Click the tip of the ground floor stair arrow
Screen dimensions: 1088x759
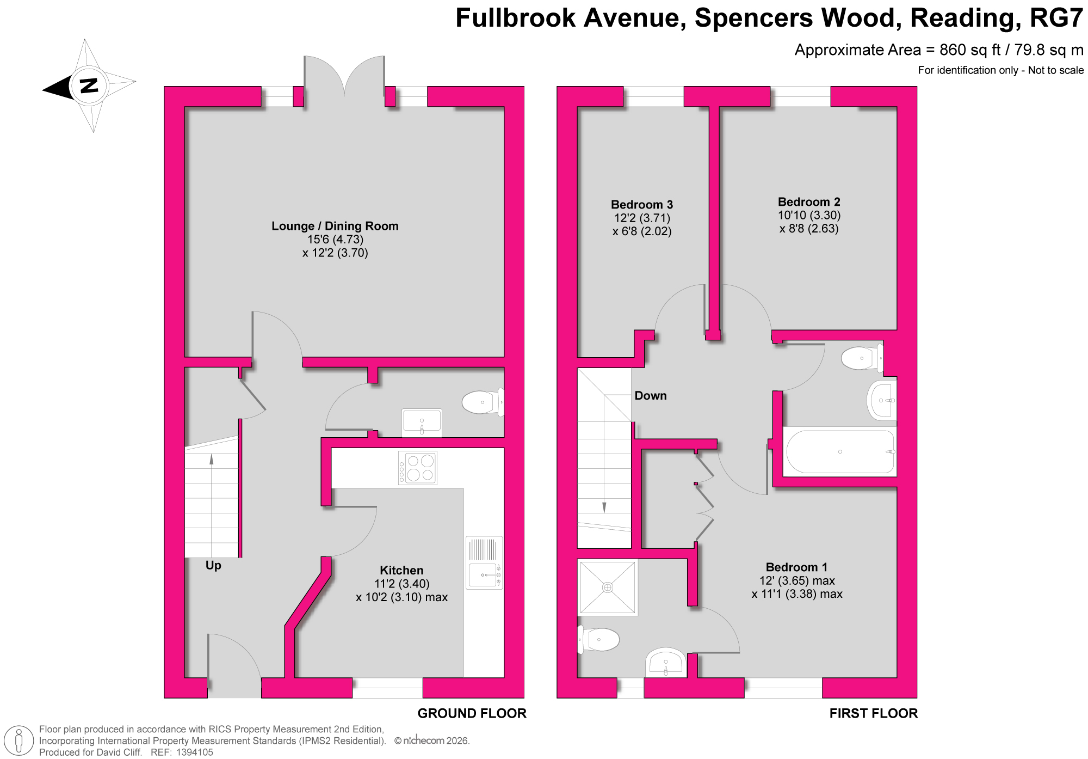pyautogui.click(x=212, y=454)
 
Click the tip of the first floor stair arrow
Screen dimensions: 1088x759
pyautogui.click(x=604, y=513)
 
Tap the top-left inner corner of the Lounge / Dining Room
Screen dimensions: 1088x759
pyautogui.click(x=186, y=107)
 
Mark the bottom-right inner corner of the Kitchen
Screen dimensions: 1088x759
pyautogui.click(x=504, y=677)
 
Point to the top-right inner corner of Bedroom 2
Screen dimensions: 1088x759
pyautogui.click(x=897, y=107)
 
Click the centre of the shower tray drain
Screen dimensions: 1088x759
pyautogui.click(x=608, y=587)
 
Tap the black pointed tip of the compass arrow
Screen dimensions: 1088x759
pyautogui.click(x=43, y=89)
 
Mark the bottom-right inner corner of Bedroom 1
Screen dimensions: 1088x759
pyautogui.click(x=897, y=677)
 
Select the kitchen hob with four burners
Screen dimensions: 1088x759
pyautogui.click(x=417, y=468)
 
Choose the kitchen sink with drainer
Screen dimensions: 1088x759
pyautogui.click(x=484, y=562)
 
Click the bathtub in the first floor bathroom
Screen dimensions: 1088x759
pyautogui.click(x=840, y=452)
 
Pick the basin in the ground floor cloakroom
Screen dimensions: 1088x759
pyautogui.click(x=422, y=423)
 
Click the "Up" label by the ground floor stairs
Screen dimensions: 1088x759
pyautogui.click(x=213, y=566)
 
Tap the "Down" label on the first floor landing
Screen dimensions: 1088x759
pyautogui.click(x=651, y=396)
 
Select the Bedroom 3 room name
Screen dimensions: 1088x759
pyautogui.click(x=642, y=205)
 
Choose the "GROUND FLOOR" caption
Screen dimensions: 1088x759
pyautogui.click(x=472, y=713)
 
